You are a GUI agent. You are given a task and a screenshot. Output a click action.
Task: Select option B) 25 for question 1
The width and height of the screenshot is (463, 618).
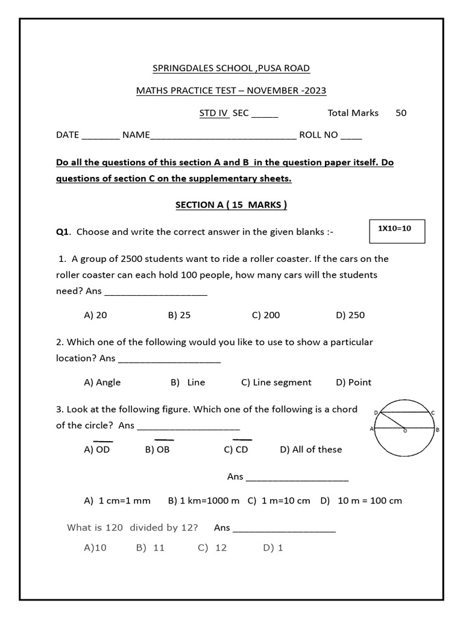[x=179, y=315]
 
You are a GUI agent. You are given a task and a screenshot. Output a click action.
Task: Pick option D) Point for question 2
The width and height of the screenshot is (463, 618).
[x=353, y=382]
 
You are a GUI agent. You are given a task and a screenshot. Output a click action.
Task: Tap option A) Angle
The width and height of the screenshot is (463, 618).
[x=102, y=382]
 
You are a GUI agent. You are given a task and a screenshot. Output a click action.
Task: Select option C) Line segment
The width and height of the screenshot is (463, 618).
[x=276, y=382]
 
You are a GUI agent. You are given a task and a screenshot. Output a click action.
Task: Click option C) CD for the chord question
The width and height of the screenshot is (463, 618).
[x=236, y=450]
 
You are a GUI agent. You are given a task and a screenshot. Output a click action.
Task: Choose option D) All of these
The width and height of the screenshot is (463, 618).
[x=310, y=450]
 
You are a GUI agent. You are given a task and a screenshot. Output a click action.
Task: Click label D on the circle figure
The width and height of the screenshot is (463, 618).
[x=376, y=413]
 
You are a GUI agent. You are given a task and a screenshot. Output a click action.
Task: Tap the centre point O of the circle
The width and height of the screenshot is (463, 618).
[x=405, y=430]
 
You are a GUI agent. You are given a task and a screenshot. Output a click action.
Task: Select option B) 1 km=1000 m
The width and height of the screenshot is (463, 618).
[x=204, y=500]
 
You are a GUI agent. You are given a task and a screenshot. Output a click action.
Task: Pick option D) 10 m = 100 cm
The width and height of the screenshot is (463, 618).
[x=361, y=500]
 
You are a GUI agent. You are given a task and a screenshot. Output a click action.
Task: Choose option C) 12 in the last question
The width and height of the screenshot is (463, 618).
[x=212, y=547]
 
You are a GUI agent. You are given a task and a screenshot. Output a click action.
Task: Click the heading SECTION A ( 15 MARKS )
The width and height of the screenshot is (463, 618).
[x=231, y=205]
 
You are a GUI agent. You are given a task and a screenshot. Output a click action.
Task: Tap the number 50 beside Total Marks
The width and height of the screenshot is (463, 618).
[x=401, y=113]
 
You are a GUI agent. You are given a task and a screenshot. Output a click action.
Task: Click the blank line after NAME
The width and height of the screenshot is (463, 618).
[x=223, y=136]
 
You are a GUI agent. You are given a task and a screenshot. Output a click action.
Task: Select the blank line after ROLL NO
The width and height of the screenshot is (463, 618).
[x=351, y=136]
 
